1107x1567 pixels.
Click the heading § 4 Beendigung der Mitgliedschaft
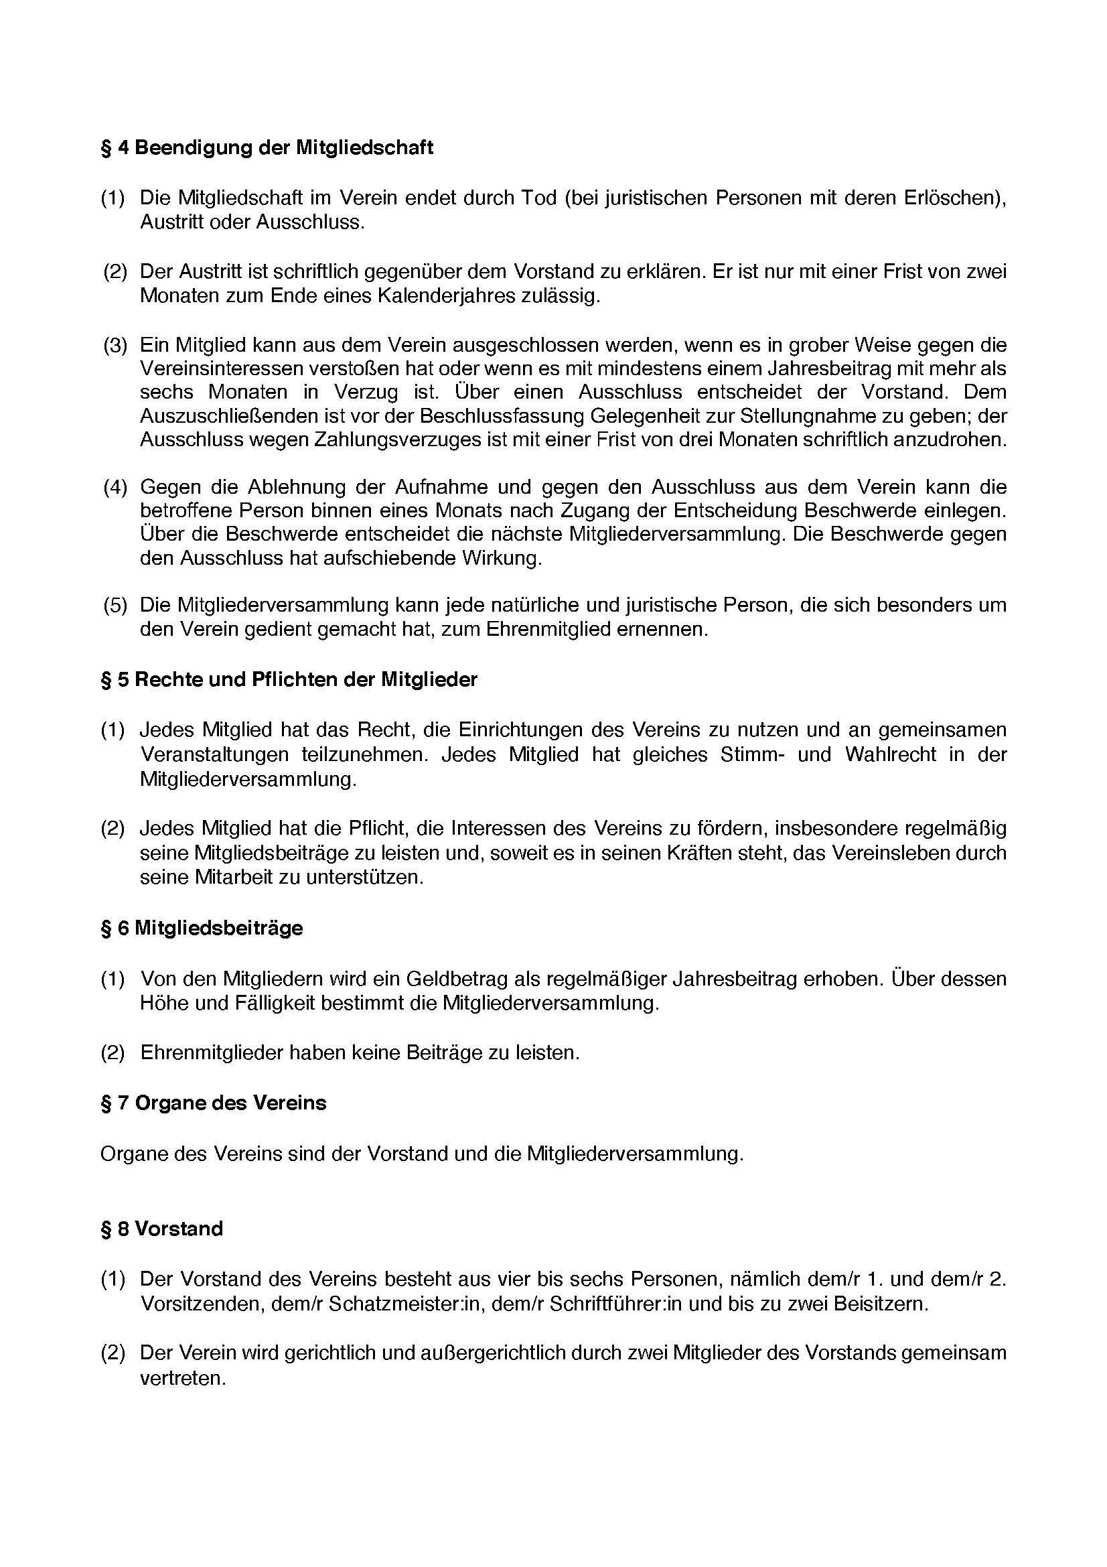267,148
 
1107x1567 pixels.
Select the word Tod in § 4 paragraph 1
539,198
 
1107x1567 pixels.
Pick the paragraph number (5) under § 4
115,606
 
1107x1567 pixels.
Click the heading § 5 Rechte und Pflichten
289,680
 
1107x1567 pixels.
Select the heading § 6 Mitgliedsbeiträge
202,928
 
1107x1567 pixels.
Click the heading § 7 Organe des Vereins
214,1103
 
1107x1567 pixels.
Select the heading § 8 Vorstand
161,1229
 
